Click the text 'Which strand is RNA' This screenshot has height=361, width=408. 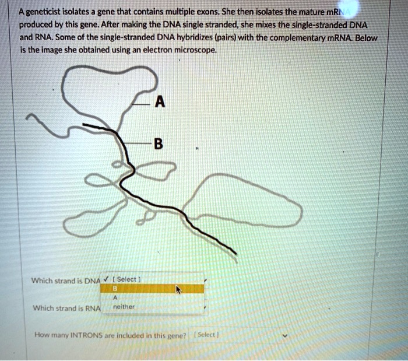[x=66, y=308]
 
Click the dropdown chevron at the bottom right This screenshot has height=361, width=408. [x=285, y=336]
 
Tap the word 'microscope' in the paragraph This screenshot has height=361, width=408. [x=198, y=51]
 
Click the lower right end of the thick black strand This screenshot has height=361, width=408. [x=235, y=253]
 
